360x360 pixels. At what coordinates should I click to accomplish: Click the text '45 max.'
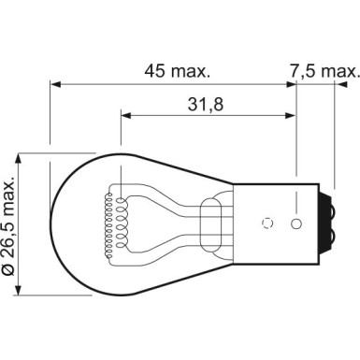click(x=177, y=69)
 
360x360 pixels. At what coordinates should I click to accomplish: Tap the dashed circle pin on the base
click(x=269, y=223)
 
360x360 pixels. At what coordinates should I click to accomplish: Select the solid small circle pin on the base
click(x=296, y=223)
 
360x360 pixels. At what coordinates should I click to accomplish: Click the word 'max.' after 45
click(x=194, y=69)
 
